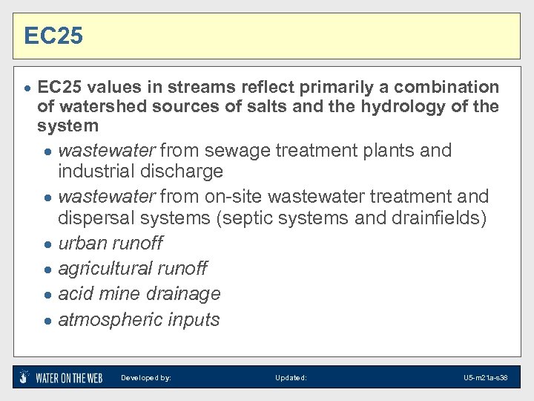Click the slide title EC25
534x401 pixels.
pyautogui.click(x=53, y=36)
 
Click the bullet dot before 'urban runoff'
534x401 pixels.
pyautogui.click(x=47, y=244)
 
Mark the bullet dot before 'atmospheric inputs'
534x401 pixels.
pyautogui.click(x=47, y=321)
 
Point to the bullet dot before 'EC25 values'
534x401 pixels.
pyautogui.click(x=27, y=88)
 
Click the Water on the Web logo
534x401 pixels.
pyautogui.click(x=61, y=377)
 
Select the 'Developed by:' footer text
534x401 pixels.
pyautogui.click(x=146, y=378)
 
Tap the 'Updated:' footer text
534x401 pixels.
pyautogui.click(x=291, y=378)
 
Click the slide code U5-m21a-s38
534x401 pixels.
pyautogui.click(x=485, y=378)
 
